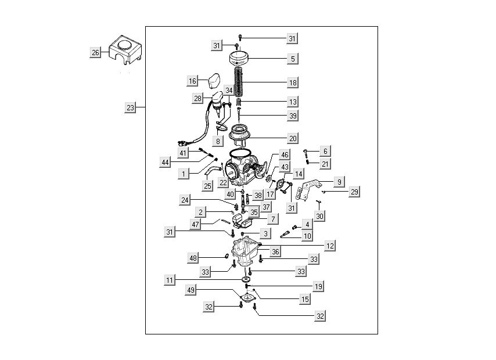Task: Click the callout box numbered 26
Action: (x=96, y=53)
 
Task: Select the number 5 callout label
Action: (x=293, y=59)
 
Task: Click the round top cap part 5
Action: (x=245, y=59)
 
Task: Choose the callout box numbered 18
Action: (x=293, y=82)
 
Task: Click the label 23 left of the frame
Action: (x=131, y=107)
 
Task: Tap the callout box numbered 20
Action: (x=293, y=139)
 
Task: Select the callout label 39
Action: (x=293, y=116)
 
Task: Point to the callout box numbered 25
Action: (x=208, y=186)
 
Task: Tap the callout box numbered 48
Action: (x=193, y=258)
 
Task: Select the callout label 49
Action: (x=191, y=289)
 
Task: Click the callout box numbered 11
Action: (x=169, y=280)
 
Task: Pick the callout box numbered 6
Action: (x=325, y=151)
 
